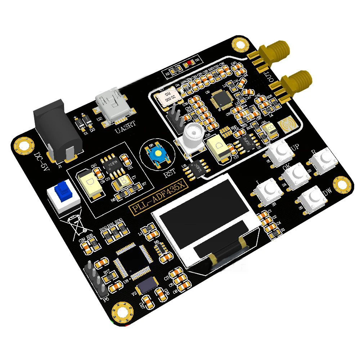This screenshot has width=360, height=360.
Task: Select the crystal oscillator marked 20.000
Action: (167, 96)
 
